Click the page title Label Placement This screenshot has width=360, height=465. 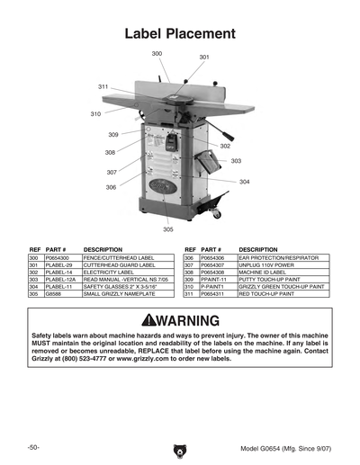point(179,33)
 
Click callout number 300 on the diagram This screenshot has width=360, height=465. point(157,54)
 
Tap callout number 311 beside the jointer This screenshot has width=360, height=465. point(103,85)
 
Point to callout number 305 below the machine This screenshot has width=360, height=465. point(168,229)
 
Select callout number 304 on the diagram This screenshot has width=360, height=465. point(244,182)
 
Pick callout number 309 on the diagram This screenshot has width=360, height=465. point(113,134)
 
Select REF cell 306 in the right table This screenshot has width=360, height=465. point(190,258)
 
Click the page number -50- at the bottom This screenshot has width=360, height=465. point(34,446)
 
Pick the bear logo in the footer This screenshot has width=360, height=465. point(179,447)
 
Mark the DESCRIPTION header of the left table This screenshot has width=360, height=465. point(103,248)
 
